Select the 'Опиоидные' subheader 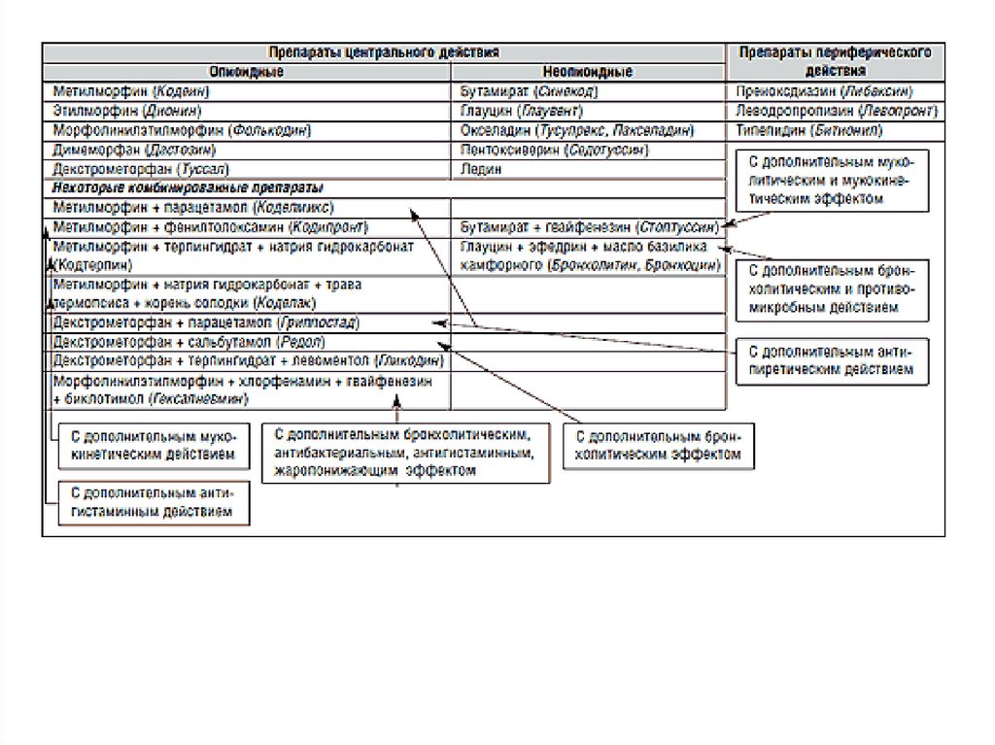247,72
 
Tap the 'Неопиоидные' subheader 590,72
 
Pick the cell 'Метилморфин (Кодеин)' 133,91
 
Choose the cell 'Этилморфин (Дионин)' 128,111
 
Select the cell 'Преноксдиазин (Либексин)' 824,91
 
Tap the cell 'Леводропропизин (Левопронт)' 824,111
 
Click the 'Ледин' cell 481,168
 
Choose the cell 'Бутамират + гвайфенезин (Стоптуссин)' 589,226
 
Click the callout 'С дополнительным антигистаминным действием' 152,502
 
